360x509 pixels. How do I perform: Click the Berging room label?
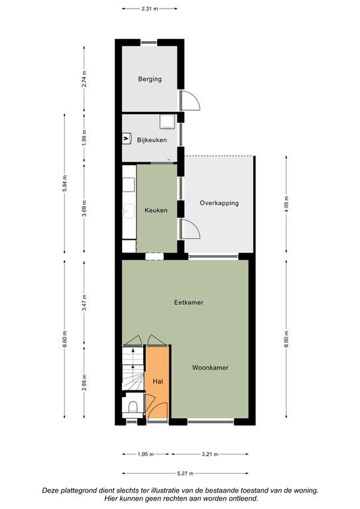[150, 79]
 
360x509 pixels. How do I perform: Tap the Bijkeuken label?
[152, 140]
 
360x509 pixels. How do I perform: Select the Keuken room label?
[156, 210]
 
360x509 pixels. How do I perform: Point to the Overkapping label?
[219, 203]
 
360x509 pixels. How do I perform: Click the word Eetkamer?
[188, 302]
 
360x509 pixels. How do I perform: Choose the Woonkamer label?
[210, 367]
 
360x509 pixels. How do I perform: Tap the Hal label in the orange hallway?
[158, 382]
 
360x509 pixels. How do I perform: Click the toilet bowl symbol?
[133, 407]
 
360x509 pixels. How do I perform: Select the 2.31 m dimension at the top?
[150, 9]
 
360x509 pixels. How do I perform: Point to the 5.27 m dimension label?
[186, 473]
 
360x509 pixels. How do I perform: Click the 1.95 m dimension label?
[145, 454]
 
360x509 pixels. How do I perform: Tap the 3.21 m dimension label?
[210, 454]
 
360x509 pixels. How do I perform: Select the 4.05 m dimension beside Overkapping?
[286, 203]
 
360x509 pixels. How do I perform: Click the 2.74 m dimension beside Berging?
[84, 79]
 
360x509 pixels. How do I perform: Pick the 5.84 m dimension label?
[64, 184]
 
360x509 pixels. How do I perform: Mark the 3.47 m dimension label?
[84, 302]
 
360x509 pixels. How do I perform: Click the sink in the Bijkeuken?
[127, 139]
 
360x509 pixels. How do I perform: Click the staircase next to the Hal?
[133, 368]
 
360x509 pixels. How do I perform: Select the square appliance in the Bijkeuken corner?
[168, 121]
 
